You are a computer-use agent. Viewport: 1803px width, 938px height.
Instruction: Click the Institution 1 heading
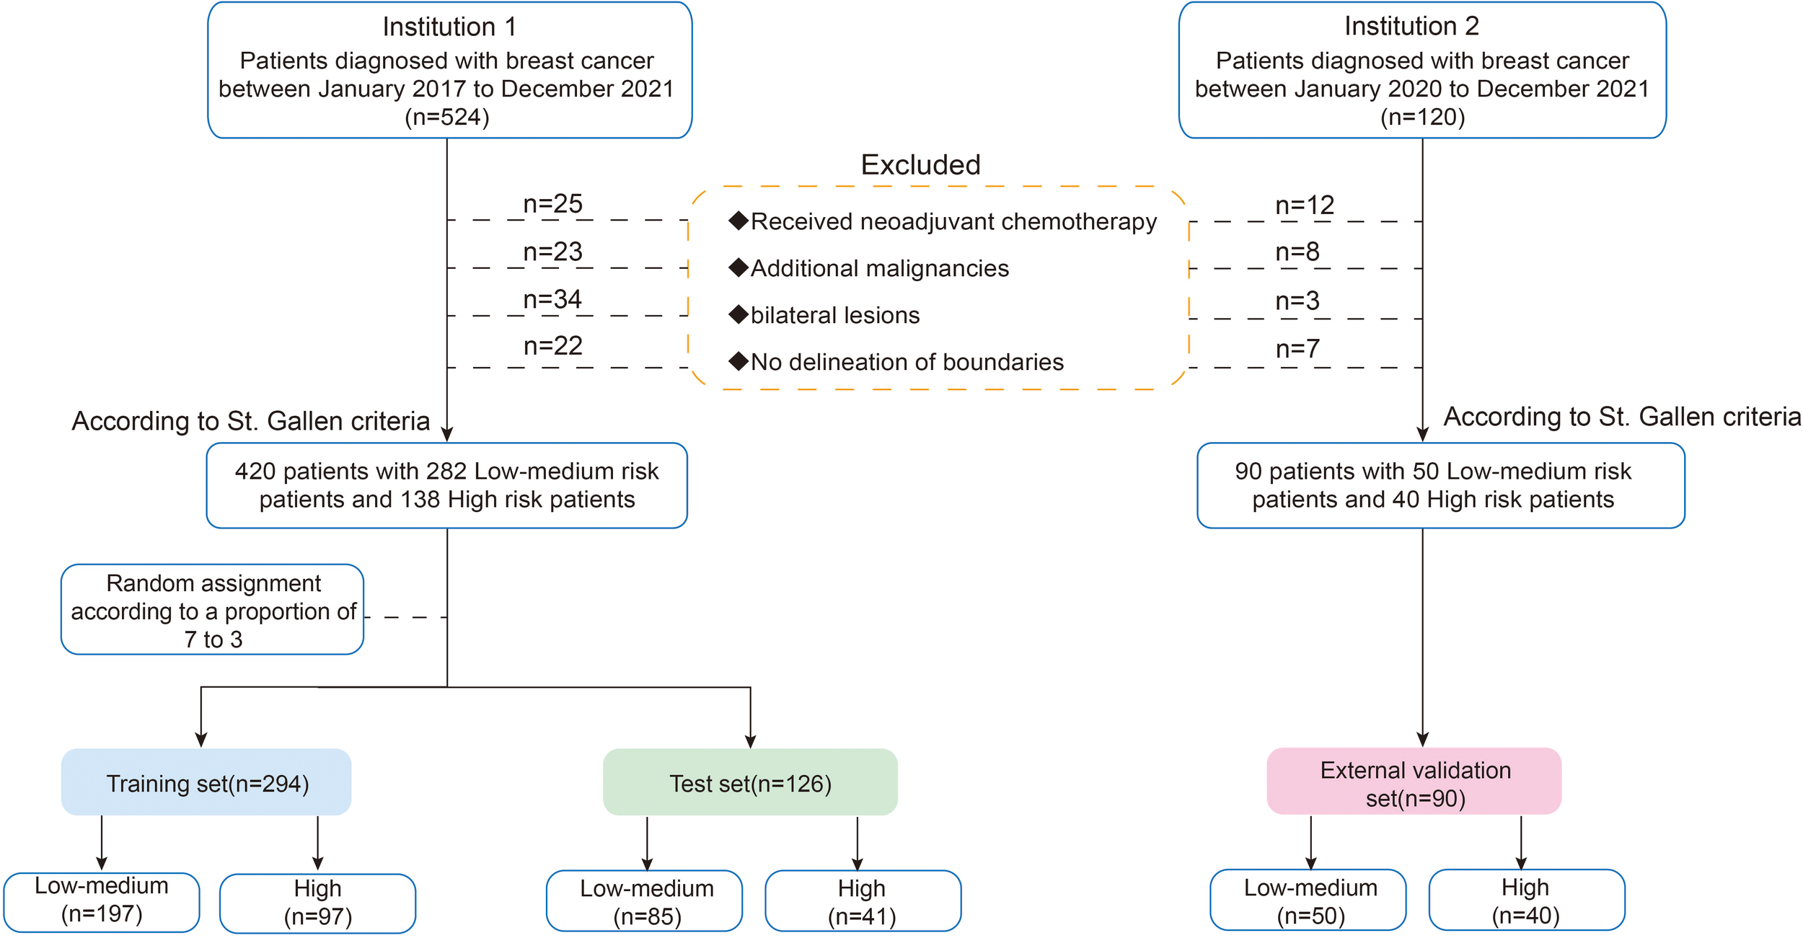[449, 27]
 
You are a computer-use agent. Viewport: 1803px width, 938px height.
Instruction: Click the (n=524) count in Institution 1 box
[447, 117]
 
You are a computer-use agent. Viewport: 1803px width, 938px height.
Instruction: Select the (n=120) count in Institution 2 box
[1422, 117]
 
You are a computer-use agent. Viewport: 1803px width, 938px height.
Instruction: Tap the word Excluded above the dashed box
[920, 165]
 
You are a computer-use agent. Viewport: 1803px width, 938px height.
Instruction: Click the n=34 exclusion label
[552, 299]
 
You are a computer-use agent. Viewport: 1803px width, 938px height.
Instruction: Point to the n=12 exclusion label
[1305, 205]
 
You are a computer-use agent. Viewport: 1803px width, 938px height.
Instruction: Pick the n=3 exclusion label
[1297, 301]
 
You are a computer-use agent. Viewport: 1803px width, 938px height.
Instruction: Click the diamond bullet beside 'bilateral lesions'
[739, 314]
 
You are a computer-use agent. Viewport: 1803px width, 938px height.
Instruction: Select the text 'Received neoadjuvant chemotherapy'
[953, 221]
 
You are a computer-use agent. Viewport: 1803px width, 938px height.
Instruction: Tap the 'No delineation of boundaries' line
[907, 362]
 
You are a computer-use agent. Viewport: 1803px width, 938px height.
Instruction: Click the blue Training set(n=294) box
[207, 783]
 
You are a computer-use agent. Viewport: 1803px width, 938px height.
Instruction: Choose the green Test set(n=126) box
[750, 783]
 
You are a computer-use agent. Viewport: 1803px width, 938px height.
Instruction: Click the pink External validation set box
[1414, 783]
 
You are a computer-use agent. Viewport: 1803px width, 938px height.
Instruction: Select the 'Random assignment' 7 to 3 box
[213, 610]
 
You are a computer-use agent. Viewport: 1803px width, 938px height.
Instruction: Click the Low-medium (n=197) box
[102, 901]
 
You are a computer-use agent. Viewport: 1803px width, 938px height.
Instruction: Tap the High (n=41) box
[862, 901]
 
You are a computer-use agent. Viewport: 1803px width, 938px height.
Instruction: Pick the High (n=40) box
[1525, 901]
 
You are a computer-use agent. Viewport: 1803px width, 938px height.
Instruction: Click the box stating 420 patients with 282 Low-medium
[446, 485]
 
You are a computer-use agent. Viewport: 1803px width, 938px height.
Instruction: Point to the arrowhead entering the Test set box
[750, 742]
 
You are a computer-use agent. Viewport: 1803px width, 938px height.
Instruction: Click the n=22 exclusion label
[552, 346]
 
